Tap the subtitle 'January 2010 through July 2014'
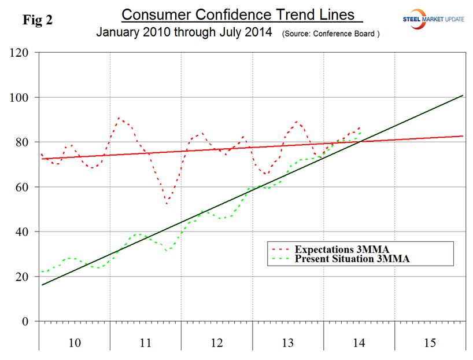184,32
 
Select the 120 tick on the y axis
21,53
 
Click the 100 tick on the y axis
21,97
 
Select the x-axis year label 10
75,343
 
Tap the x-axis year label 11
146,343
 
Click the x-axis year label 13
288,343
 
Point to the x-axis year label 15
430,343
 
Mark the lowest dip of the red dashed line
167,203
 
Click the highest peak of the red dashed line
119,118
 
